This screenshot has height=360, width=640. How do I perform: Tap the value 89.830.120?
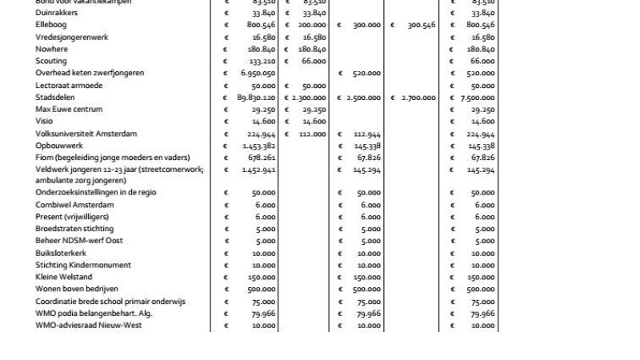coord(252,98)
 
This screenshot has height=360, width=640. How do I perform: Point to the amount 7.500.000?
coord(477,98)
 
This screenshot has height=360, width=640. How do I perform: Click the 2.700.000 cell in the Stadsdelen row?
coord(418,98)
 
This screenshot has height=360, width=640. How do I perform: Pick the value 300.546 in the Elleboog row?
coord(421,25)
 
